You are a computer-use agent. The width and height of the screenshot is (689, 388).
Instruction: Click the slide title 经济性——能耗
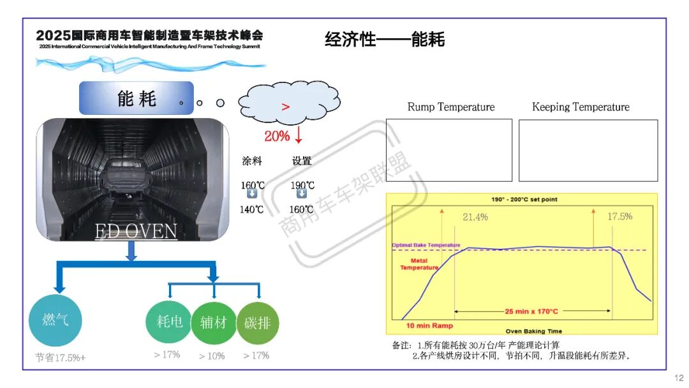[385, 40]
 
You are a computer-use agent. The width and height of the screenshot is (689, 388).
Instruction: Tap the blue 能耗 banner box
[136, 98]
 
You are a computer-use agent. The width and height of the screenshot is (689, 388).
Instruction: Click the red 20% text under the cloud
[277, 135]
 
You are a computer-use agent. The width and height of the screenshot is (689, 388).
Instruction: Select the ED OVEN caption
[136, 231]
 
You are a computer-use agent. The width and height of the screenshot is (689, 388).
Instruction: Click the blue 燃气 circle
[56, 320]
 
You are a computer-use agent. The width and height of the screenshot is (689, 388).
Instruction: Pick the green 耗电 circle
[168, 322]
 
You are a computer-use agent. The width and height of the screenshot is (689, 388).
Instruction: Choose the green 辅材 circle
[213, 322]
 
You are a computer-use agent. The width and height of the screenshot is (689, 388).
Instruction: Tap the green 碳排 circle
[257, 323]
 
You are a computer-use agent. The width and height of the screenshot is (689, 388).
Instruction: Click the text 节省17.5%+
[60, 357]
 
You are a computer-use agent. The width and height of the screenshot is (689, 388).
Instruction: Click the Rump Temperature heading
[451, 107]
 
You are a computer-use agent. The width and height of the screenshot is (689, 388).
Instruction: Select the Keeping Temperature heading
[581, 107]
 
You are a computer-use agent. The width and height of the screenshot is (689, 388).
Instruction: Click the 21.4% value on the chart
[475, 217]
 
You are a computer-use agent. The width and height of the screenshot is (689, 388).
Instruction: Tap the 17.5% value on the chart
[619, 216]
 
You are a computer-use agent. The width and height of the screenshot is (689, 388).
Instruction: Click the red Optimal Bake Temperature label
[426, 245]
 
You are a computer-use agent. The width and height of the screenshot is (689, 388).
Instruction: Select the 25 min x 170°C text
[531, 311]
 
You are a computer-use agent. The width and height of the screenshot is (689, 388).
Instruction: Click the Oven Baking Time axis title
[534, 331]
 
